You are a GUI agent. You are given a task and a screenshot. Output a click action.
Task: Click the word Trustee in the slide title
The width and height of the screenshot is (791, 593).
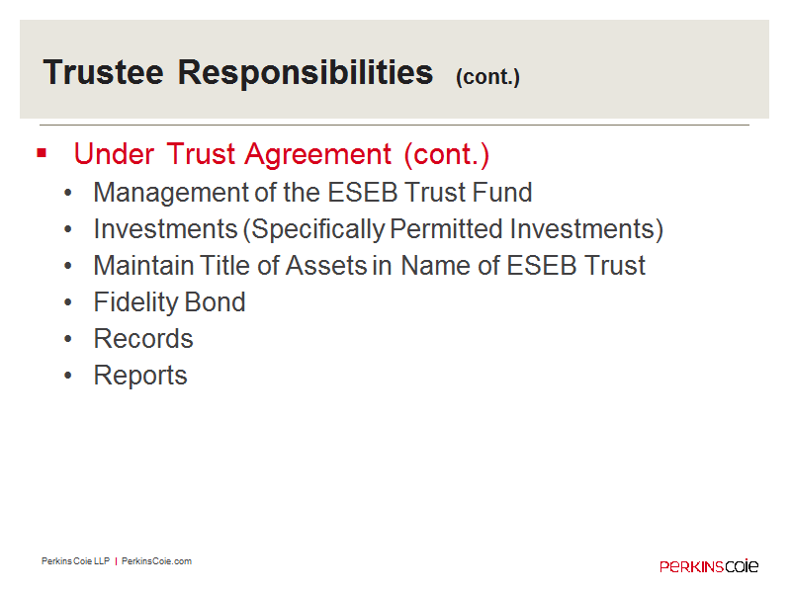[104, 72]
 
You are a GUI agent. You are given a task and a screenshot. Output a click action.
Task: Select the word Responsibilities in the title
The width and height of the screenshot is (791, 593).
[306, 73]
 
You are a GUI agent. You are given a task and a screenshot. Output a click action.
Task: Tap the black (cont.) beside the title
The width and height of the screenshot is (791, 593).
[487, 77]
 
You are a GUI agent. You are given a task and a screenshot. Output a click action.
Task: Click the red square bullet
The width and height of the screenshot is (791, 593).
[42, 153]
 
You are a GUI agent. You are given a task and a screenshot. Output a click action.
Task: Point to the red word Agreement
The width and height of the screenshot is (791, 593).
[317, 155]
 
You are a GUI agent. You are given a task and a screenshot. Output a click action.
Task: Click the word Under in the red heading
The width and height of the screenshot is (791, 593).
[114, 154]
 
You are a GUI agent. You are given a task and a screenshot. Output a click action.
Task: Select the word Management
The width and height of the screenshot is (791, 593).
[171, 193]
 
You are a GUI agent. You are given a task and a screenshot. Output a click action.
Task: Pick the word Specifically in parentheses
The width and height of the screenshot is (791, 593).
[318, 230]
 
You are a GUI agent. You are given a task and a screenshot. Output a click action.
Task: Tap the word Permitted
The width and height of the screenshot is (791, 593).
[447, 229]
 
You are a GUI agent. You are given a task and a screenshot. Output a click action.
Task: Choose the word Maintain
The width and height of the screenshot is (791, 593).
[143, 265]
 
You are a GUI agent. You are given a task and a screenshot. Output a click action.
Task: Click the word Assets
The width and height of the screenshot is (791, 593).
[326, 265]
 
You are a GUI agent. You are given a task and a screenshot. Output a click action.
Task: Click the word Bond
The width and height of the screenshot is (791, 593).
[216, 302]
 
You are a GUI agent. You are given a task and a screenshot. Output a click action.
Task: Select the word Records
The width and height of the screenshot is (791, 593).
[143, 338]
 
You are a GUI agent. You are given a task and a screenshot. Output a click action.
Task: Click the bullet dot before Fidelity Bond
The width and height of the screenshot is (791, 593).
[68, 302]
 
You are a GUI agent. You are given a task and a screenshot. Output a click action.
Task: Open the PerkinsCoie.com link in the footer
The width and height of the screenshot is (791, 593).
[156, 561]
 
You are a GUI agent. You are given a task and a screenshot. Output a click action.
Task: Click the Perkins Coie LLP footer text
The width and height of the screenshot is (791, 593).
[76, 561]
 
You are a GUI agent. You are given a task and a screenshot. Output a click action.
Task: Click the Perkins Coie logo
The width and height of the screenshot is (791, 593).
[709, 565]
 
